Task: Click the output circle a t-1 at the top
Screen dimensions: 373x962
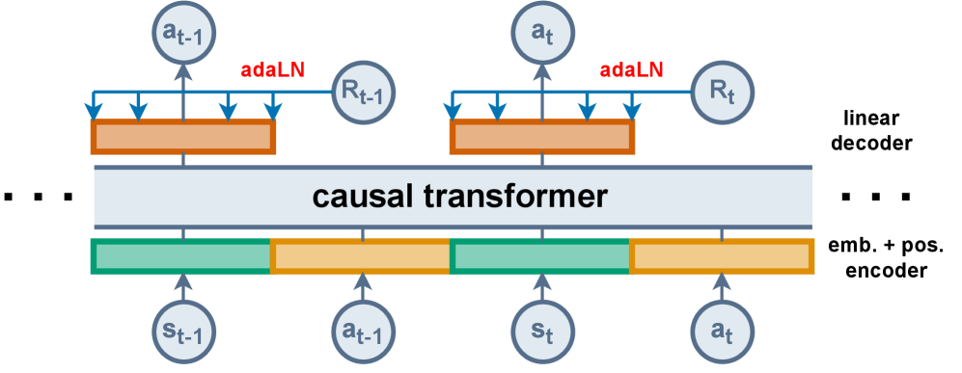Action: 183,33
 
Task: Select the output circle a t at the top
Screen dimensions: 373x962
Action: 542,33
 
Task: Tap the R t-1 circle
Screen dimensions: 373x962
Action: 363,93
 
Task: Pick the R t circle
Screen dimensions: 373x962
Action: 723,93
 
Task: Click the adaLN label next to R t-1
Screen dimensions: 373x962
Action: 272,70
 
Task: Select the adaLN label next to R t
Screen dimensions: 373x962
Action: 631,70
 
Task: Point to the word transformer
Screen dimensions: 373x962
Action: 516,197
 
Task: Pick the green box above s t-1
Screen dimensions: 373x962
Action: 180,256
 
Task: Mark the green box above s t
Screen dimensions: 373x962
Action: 540,256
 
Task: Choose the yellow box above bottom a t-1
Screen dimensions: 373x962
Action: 361,256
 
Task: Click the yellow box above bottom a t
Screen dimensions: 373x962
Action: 721,256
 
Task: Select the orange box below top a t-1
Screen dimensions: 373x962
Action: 183,137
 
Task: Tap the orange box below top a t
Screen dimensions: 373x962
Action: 542,137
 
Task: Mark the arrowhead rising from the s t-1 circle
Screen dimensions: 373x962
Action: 183,281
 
